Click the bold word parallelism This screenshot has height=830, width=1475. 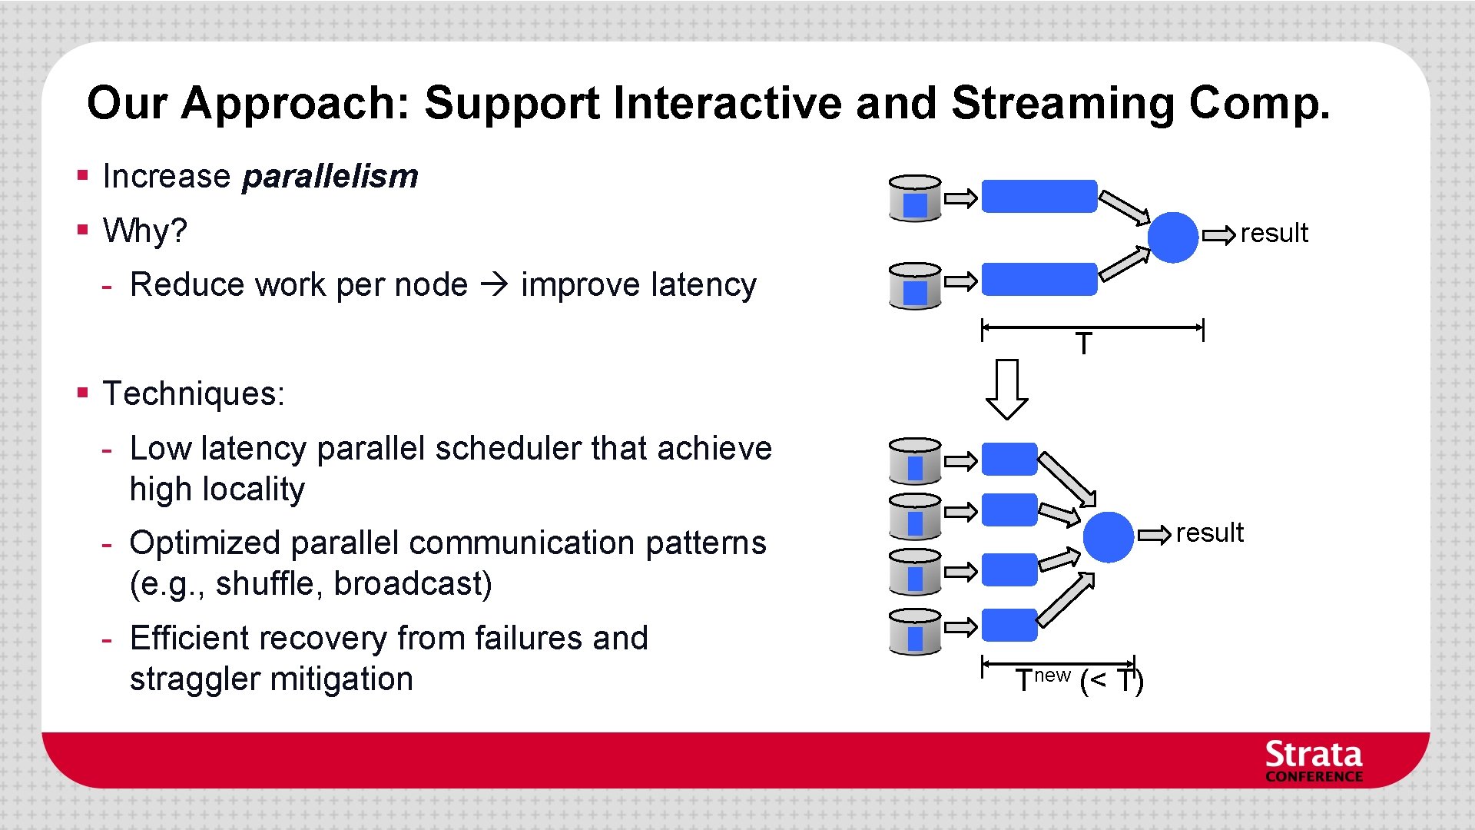click(x=330, y=177)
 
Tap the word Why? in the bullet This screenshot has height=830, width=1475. click(x=144, y=231)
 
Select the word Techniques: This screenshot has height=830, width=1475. click(x=194, y=394)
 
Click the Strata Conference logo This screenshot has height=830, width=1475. click(x=1313, y=762)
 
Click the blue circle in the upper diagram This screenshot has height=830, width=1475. click(x=1172, y=237)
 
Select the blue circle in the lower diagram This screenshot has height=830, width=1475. click(x=1108, y=536)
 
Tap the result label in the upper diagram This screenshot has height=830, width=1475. click(x=1274, y=234)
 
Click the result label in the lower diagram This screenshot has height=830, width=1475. click(x=1209, y=533)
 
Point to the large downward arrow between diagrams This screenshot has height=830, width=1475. click(x=1006, y=388)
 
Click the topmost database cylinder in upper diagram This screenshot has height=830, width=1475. click(x=914, y=198)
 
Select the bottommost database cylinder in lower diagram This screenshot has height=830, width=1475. click(x=914, y=631)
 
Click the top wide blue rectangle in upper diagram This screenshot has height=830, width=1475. click(x=1039, y=196)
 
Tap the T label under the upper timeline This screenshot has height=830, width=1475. click(x=1083, y=344)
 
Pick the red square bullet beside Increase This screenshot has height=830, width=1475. click(x=83, y=175)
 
